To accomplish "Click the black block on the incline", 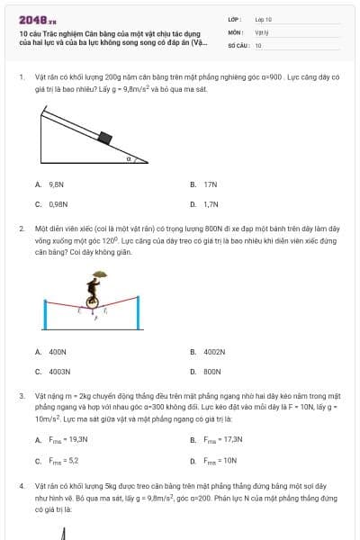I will pos(104,138).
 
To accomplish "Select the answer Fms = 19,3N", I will pos(67,440).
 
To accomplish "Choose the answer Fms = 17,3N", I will pos(223,440).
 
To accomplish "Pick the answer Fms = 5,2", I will pos(62,460).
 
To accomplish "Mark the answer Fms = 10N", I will pos(220,460).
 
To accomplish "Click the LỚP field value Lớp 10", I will pos(263,19).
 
